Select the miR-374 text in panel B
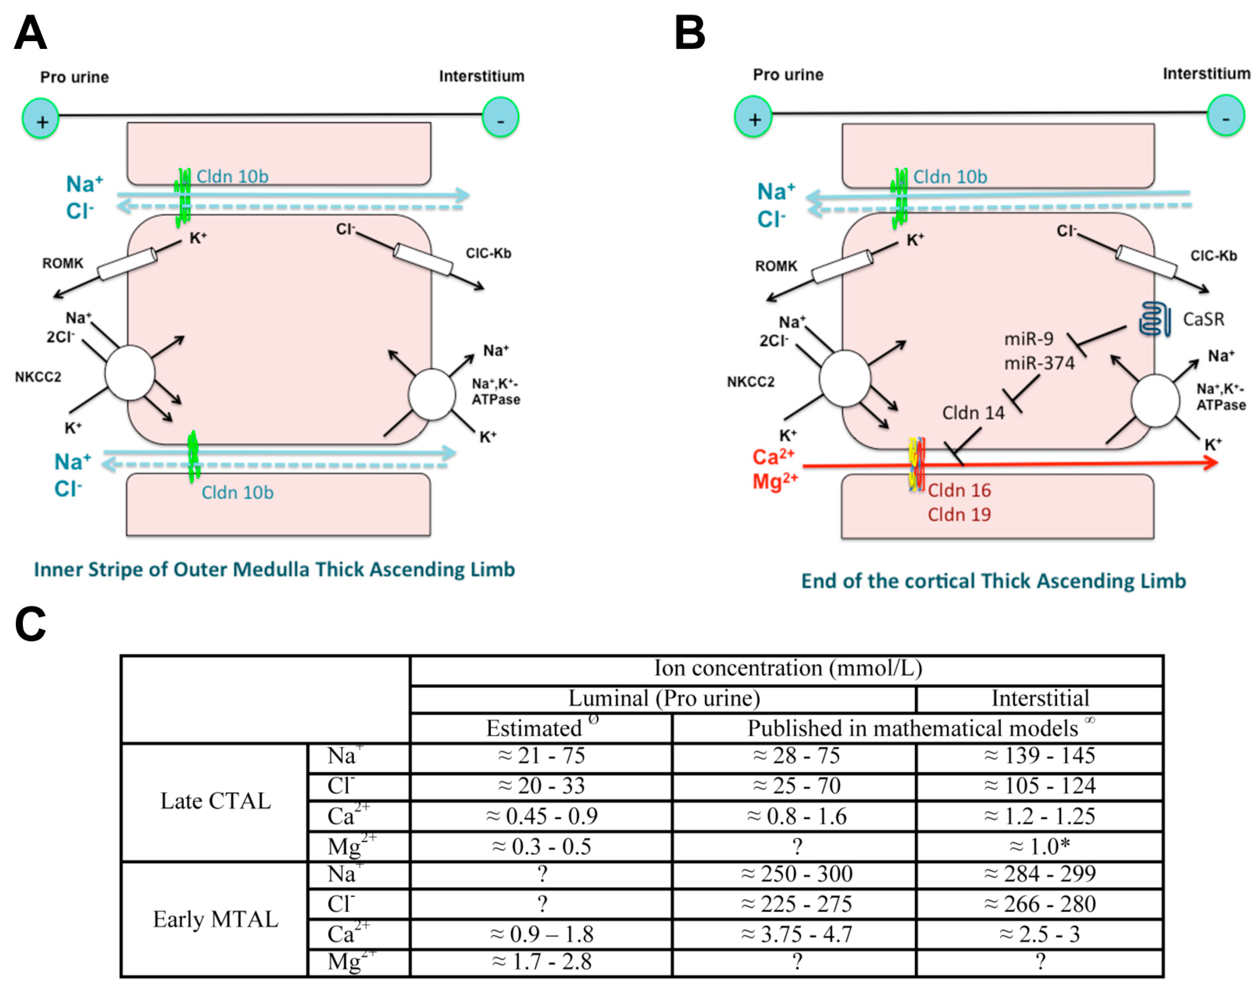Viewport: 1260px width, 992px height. point(1039,363)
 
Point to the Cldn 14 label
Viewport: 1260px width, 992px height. point(973,413)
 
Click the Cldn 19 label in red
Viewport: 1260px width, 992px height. point(959,514)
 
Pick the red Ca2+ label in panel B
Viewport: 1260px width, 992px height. point(773,457)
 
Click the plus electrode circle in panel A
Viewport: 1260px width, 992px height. point(41,119)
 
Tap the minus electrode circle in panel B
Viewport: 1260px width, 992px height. point(1225,116)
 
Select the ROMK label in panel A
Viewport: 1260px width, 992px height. point(63,264)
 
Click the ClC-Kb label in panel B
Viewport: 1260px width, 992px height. point(1214,256)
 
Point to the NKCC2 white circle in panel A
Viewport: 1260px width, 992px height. point(130,373)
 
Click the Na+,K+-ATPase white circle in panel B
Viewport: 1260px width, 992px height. point(1155,401)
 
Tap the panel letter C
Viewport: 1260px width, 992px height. point(30,624)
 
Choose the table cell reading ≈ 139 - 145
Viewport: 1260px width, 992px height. point(1039,756)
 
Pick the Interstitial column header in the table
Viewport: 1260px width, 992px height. point(1040,698)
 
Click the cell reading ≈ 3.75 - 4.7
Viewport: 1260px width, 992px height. point(796,934)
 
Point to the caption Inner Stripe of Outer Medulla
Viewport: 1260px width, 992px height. point(274,570)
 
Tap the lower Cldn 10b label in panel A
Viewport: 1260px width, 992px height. point(237,493)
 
